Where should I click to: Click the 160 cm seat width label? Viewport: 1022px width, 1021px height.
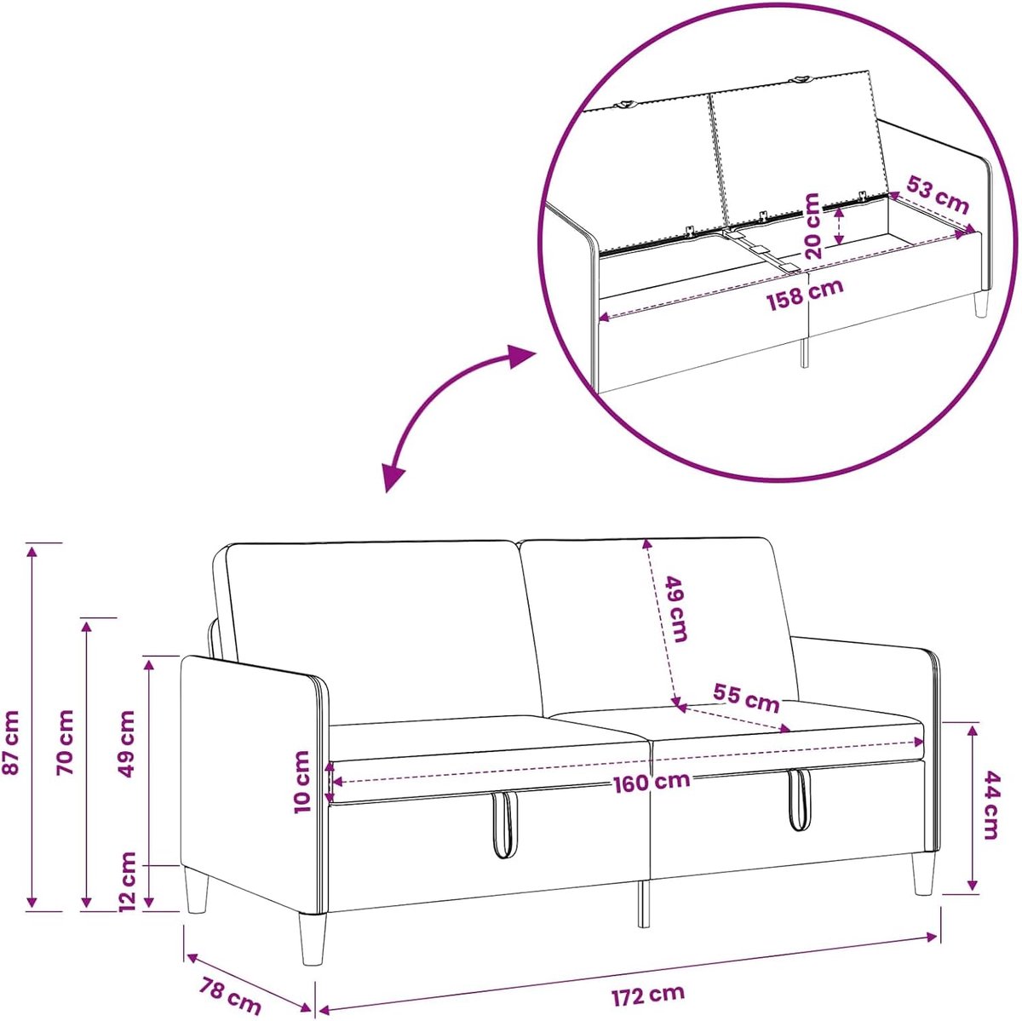(x=652, y=782)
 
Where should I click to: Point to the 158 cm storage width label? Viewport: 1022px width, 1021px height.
(x=804, y=292)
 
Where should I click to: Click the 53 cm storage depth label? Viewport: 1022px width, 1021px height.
(x=937, y=195)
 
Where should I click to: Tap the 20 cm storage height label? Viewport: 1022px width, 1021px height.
(x=812, y=226)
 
